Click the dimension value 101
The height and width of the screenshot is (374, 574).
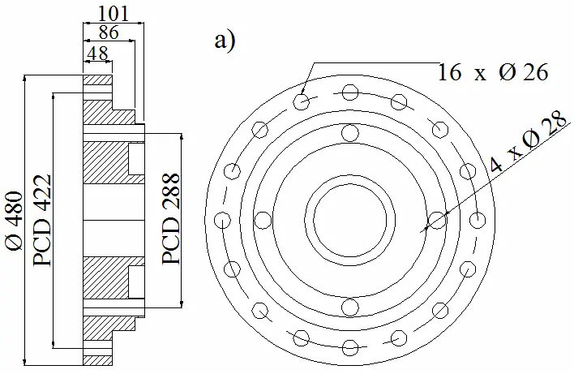(x=114, y=15)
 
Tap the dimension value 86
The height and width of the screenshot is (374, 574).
(x=109, y=32)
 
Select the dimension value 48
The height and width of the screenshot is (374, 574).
(x=98, y=54)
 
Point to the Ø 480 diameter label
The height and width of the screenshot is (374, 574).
(x=15, y=221)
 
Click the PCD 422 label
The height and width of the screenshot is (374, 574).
(x=41, y=221)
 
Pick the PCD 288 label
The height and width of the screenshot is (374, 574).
(x=171, y=219)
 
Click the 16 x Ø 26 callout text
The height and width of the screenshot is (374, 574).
(x=493, y=71)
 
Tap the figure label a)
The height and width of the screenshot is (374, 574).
(x=225, y=41)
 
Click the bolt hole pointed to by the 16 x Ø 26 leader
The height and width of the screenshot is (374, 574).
(x=302, y=101)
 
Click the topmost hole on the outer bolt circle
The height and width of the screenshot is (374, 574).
(x=350, y=92)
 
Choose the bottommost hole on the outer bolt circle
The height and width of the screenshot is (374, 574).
(x=350, y=347)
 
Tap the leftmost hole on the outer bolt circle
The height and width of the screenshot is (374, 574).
(x=222, y=220)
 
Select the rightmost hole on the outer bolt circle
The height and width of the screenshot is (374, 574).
(x=478, y=220)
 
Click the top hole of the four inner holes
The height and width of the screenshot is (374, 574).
(x=350, y=132)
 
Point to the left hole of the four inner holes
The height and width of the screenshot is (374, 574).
(x=263, y=221)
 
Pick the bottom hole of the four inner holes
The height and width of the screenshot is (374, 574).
(x=350, y=307)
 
